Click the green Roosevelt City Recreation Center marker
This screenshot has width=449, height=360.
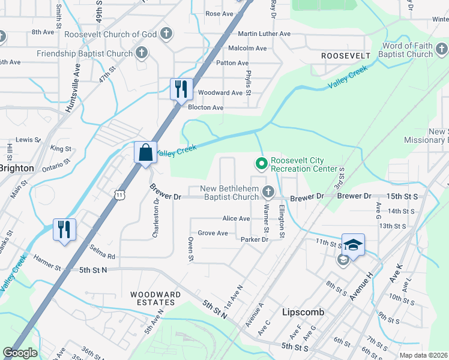[261, 163]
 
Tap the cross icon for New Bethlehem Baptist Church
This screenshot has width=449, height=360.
[268, 192]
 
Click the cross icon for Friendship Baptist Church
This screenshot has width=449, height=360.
[142, 53]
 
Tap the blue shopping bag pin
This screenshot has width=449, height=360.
[146, 152]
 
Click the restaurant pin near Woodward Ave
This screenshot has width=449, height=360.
[181, 89]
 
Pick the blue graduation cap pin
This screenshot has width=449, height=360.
[353, 245]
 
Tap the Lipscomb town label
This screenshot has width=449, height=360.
[303, 313]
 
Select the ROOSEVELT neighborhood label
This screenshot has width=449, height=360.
[345, 55]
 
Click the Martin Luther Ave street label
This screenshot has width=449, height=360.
[264, 34]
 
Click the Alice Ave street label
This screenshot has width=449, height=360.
[235, 219]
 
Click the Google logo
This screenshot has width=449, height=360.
[20, 353]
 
